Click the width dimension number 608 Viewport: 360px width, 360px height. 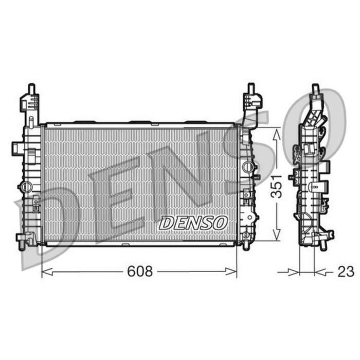coord(140,271)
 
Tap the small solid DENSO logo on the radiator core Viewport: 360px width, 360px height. coord(193,223)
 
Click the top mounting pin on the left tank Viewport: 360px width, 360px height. coord(31,88)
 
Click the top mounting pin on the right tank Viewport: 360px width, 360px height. coord(251,88)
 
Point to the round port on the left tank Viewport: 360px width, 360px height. coord(24,186)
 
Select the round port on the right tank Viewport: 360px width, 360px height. coord(248,167)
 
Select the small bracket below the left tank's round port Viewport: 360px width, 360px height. coord(35,205)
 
